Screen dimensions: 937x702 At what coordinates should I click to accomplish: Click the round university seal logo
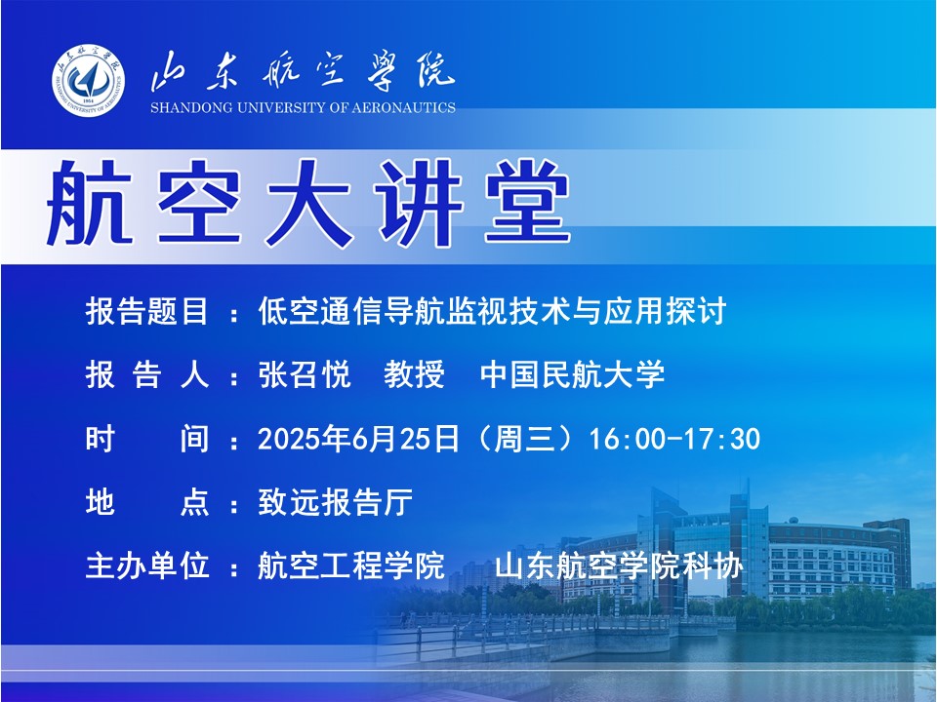coord(89,80)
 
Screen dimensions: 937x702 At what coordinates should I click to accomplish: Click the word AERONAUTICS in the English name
coord(403,108)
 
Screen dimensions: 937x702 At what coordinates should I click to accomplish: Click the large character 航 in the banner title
coord(90,203)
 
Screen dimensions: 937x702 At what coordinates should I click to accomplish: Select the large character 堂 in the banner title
coord(528,203)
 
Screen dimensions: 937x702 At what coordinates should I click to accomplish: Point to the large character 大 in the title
coord(308,203)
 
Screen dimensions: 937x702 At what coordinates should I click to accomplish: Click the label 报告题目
coord(147,311)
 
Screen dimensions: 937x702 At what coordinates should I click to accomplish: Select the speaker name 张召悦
coord(305,374)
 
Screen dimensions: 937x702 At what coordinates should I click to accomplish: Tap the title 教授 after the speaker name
coord(414,374)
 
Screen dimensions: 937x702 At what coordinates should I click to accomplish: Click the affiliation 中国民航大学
coord(573,374)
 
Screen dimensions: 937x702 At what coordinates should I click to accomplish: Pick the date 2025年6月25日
coord(358,439)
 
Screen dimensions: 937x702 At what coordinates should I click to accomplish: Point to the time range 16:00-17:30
coord(674,439)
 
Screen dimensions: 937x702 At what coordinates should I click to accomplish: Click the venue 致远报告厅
coord(335,502)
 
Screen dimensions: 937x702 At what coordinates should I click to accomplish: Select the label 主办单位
coord(147,565)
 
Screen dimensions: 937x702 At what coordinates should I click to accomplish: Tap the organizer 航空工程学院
coord(351,565)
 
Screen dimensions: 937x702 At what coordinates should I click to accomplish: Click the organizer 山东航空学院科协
coord(619,565)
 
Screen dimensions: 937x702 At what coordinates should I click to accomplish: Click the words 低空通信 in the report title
coord(320,311)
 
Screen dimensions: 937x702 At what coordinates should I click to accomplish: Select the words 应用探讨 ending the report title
coord(665,311)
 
